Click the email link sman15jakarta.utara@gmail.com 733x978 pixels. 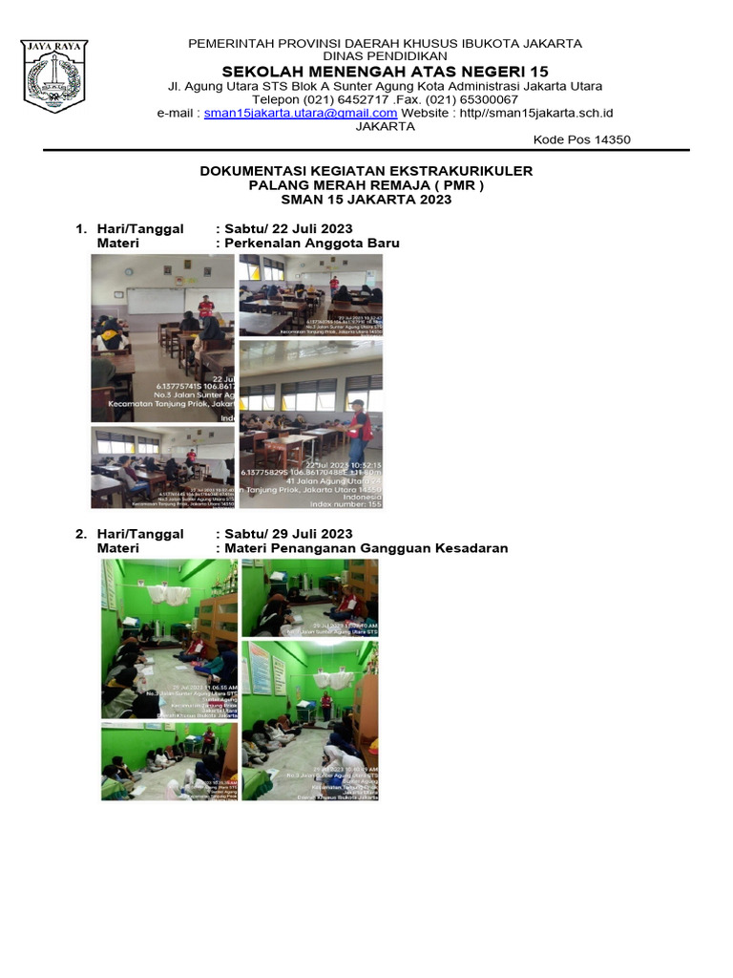[301, 113]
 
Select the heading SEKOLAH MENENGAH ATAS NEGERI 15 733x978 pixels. [386, 72]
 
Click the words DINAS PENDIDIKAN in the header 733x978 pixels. [386, 56]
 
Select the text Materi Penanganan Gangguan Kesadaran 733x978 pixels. [366, 548]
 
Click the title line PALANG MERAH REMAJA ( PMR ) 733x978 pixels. [366, 185]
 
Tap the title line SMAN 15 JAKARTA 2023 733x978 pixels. [366, 200]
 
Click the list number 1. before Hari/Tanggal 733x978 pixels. [81, 228]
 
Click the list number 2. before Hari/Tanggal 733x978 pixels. [81, 534]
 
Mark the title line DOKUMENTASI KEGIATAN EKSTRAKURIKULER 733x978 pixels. [366, 171]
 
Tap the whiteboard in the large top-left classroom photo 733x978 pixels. [167, 301]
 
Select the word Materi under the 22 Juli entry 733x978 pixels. [117, 243]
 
